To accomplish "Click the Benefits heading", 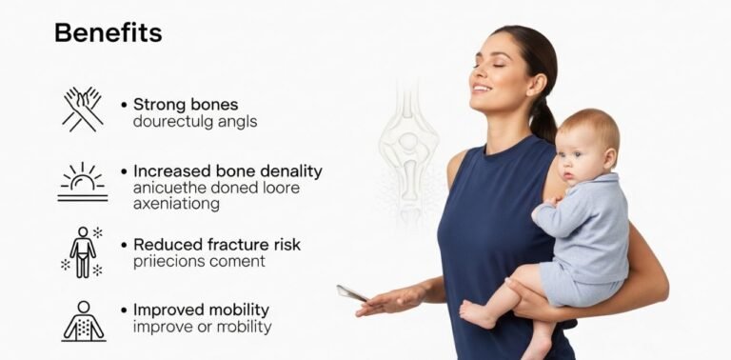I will (108, 32).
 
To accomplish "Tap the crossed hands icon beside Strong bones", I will (82, 109).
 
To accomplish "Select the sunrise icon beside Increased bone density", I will (82, 181).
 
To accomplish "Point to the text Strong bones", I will (186, 104).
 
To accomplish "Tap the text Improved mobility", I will (201, 310).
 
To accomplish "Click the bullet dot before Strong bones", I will (124, 104).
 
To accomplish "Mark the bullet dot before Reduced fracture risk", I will (124, 245).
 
